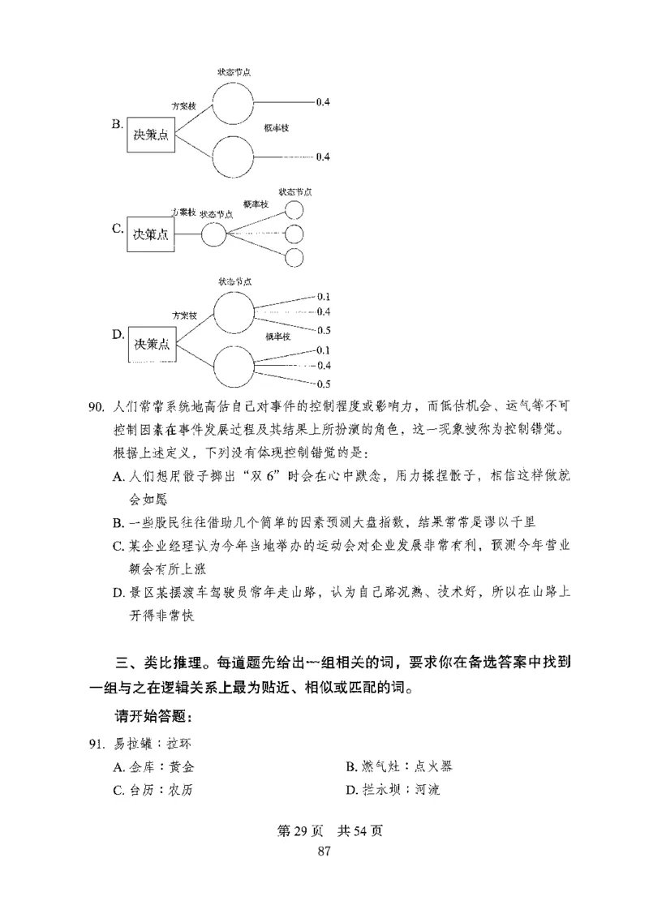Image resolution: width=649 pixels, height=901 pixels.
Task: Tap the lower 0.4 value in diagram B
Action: click(x=322, y=157)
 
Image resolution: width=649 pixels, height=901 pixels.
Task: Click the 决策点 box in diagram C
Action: click(x=152, y=234)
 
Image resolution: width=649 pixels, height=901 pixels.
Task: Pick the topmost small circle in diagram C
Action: click(x=294, y=210)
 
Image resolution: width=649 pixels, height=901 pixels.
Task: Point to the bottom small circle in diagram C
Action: click(x=294, y=257)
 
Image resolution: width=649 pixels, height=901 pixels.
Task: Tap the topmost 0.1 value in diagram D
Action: click(x=323, y=296)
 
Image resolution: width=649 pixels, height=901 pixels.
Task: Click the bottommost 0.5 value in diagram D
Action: click(x=323, y=384)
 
